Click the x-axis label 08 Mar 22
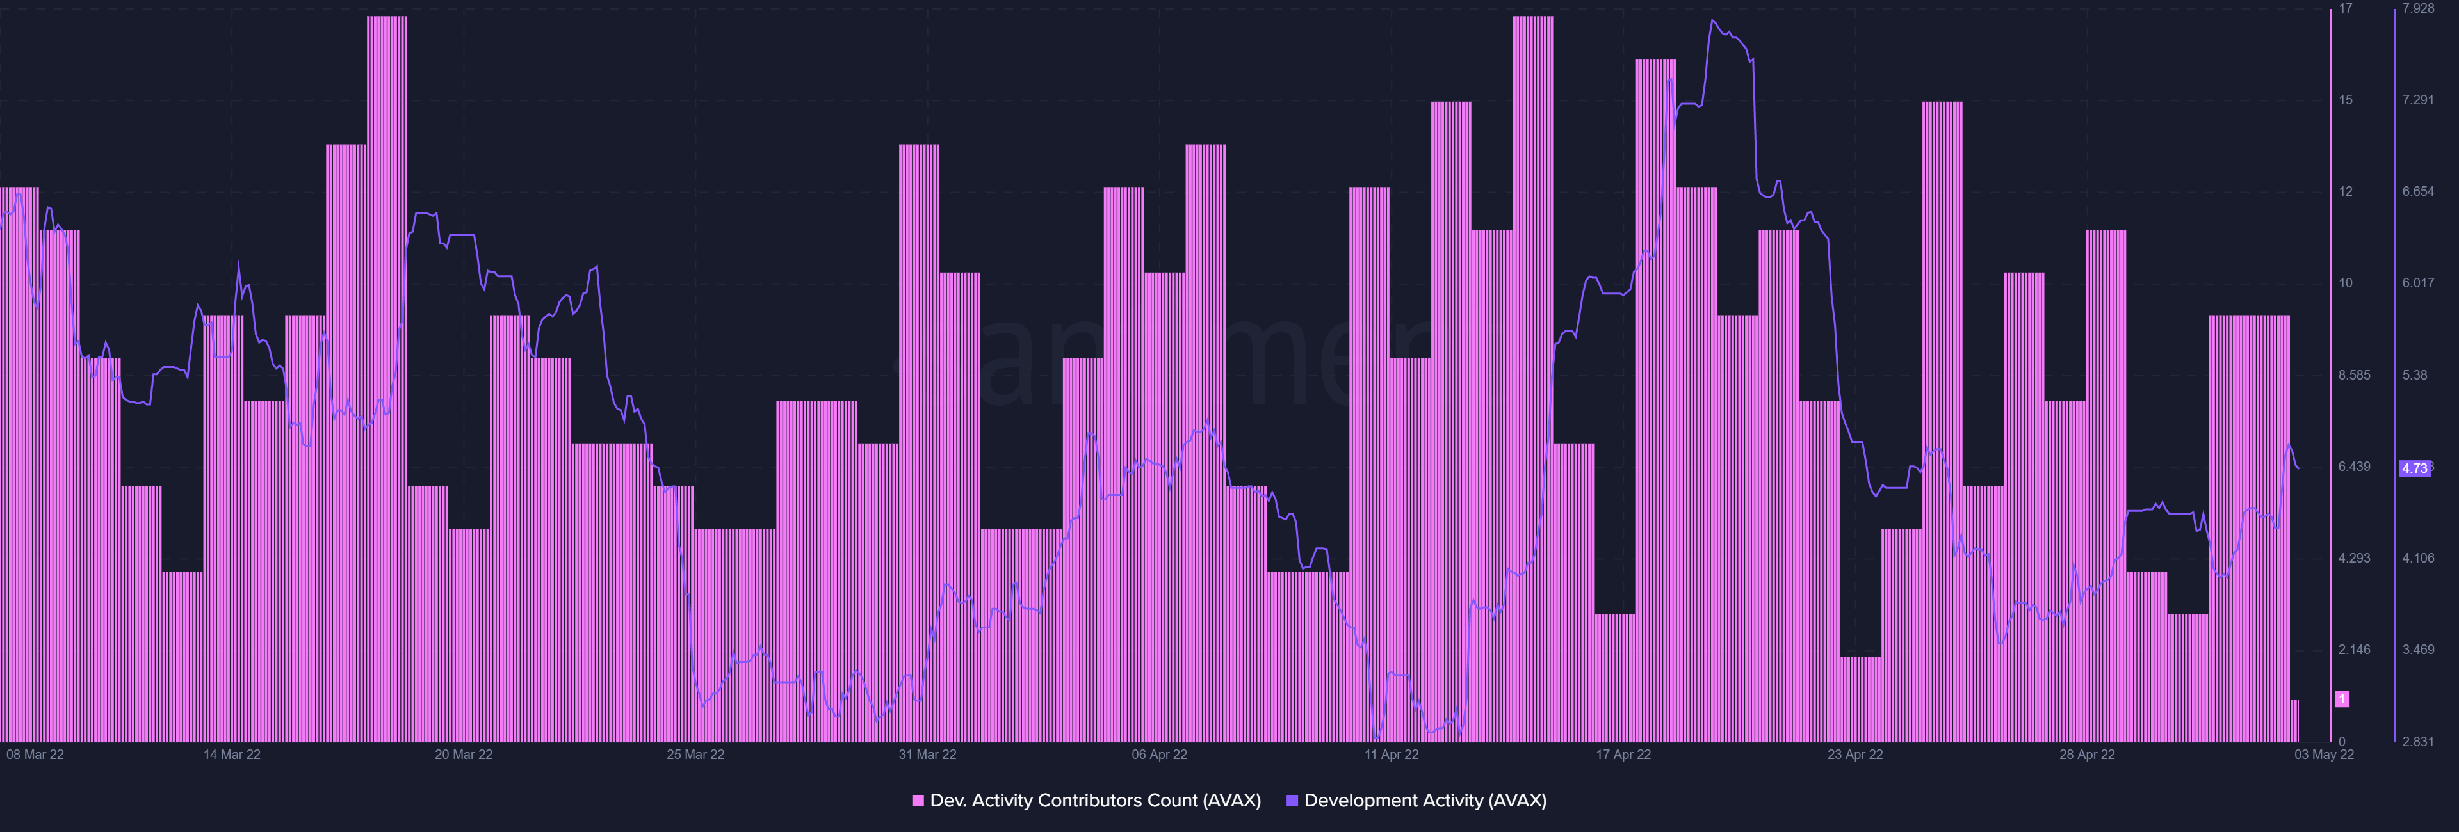pos(35,755)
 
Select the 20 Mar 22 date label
pos(464,755)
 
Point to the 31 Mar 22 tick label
pos(927,755)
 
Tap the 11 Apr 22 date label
pos(1391,755)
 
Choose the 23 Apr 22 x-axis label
pos(1854,755)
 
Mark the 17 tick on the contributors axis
pos(2346,8)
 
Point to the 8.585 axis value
pos(2354,375)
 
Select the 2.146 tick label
pos(2354,650)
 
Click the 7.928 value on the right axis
pos(2418,8)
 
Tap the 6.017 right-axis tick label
pos(2418,284)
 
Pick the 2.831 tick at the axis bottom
pos(2418,741)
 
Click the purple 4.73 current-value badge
pos(2414,468)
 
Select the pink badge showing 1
pos(2342,700)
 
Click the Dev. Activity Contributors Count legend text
pos(1095,801)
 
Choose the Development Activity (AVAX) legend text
pos(1424,801)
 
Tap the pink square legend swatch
pos(918,801)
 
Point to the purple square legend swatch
pos(1292,801)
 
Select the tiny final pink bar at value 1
pos(2294,721)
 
